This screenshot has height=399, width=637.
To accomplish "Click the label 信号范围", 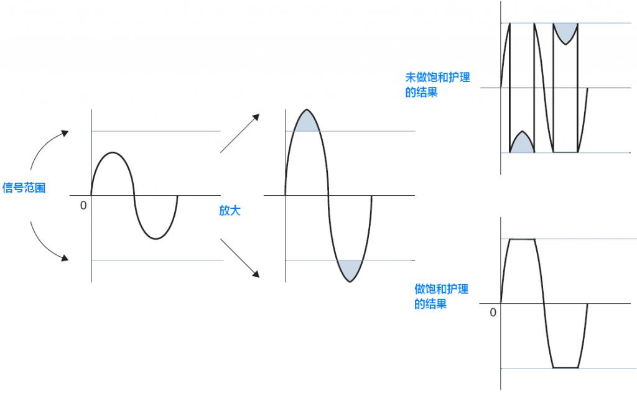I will pos(24,187).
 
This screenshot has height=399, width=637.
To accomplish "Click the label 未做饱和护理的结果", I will pos(437,85).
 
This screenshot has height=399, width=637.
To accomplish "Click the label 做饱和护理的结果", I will pos(441,296).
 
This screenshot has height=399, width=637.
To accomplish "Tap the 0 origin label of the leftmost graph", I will pos(83,206).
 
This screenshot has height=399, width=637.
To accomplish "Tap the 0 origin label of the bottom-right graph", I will pos(493,313).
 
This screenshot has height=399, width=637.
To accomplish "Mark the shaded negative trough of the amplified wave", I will pos(350,270).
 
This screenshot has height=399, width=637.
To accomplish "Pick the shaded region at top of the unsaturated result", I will pos(565,31).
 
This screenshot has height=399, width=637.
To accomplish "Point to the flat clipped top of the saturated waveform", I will pos(523,239).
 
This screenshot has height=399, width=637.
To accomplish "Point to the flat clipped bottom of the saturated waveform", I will pos(565,368).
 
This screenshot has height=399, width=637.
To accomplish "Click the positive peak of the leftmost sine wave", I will pos(113,152).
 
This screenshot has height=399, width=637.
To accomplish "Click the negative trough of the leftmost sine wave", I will pos(156,239).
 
